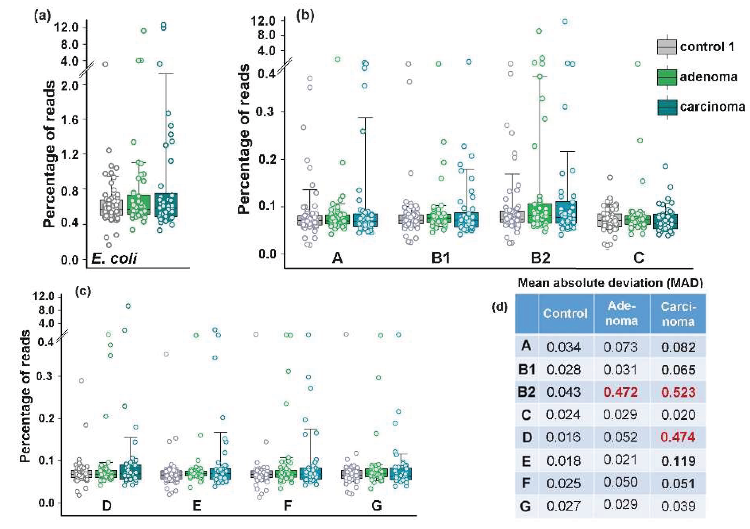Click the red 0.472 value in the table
click(x=620, y=392)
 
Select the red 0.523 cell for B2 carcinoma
click(x=678, y=392)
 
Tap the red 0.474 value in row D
click(x=678, y=437)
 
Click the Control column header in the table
click(x=565, y=314)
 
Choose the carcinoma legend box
click(x=667, y=107)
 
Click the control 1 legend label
click(x=707, y=47)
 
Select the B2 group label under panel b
click(x=540, y=258)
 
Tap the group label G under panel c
click(x=377, y=506)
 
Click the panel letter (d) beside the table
click(x=499, y=307)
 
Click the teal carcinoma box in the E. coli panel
click(x=166, y=205)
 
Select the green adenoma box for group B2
click(x=540, y=213)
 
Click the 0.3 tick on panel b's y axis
click(x=265, y=112)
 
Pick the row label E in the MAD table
click(x=526, y=461)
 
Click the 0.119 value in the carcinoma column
click(x=678, y=461)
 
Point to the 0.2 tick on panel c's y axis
click(x=46, y=418)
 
